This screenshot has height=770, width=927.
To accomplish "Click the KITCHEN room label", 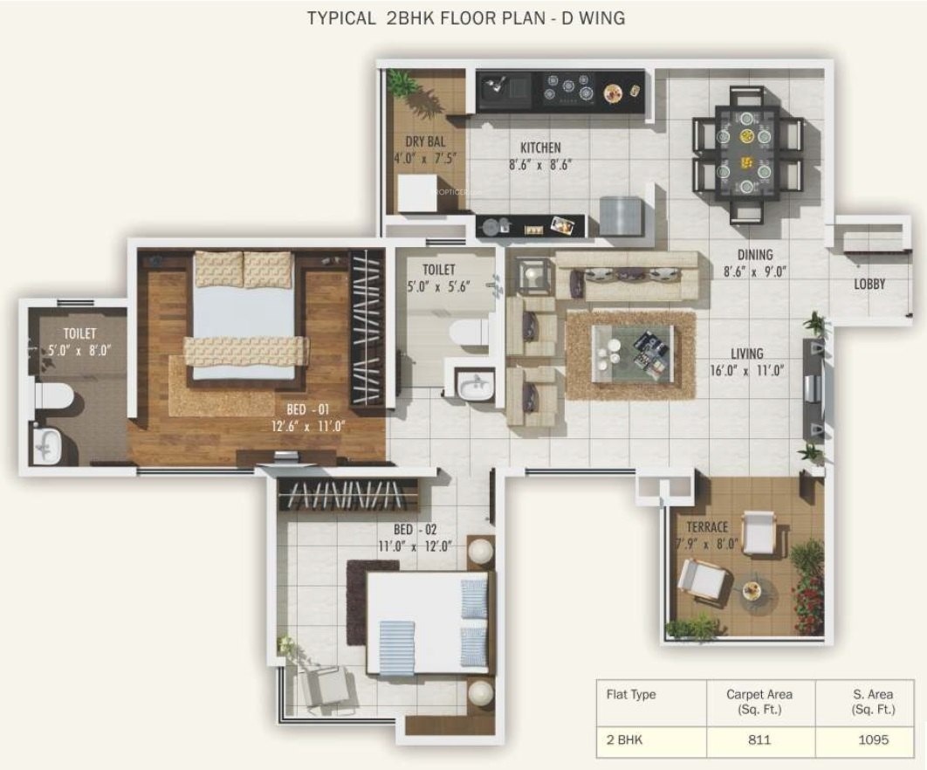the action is coord(540,148).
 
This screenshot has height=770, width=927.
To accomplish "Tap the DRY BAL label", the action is coord(425,142).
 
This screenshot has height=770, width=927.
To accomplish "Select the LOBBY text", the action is coord(869,285).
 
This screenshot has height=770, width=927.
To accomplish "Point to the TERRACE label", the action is coord(707,527).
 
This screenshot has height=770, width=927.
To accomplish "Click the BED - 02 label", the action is coord(415,530).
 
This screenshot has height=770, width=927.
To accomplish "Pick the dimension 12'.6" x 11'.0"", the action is coord(308,426).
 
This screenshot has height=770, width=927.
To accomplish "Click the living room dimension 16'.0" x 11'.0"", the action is coord(747,371).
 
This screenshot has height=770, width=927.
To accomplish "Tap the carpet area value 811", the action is coord(759,739).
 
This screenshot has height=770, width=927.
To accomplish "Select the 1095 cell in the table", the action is coord(874,739).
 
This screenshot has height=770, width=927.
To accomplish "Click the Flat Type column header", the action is coord(631,695).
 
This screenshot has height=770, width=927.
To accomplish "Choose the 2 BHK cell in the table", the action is coord(624,739).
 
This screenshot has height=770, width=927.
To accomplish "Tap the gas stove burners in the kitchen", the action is coord(568,89).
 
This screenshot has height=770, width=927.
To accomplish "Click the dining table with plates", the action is coord(747,154).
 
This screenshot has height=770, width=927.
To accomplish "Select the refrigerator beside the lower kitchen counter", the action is coord(621,217).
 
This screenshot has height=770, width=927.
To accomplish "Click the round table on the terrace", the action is coord(754,593).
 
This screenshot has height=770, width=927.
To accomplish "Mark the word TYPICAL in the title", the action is coord(340,18).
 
